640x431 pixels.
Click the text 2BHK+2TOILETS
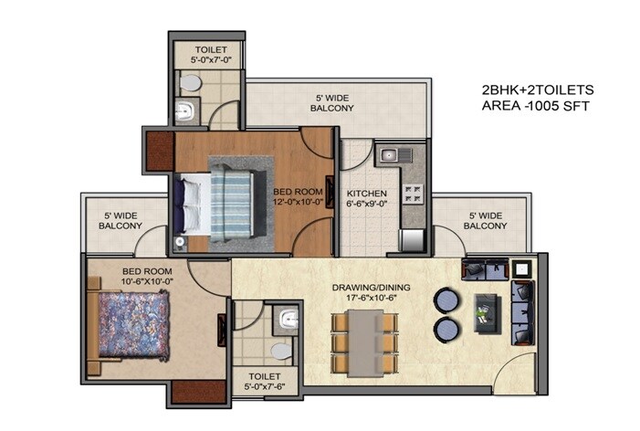[538, 90]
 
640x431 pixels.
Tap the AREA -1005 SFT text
[536, 106]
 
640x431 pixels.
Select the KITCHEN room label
[366, 194]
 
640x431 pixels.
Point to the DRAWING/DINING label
[371, 289]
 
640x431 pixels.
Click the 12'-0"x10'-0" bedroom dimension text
[299, 203]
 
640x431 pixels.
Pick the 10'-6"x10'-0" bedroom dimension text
[147, 281]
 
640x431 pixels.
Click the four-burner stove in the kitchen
[413, 194]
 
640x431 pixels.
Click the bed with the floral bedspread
[129, 325]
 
